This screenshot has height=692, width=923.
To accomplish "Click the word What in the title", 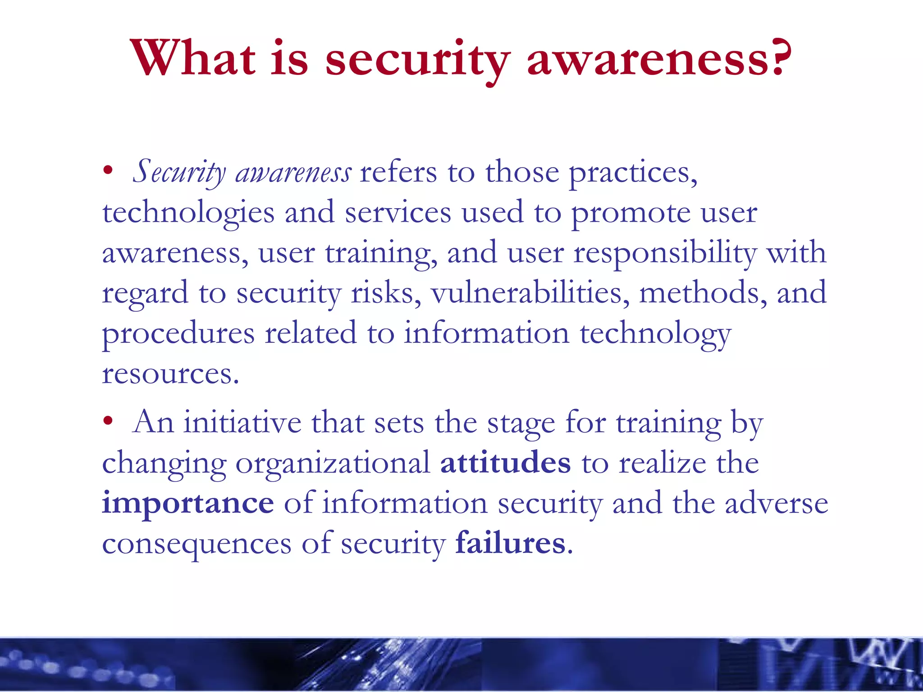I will pyautogui.click(x=193, y=59).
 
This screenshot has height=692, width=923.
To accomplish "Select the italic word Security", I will pyautogui.click(x=179, y=173).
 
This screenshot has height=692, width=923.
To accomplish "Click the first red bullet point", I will pyautogui.click(x=107, y=171).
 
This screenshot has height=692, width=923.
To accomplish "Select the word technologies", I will pyautogui.click(x=188, y=213).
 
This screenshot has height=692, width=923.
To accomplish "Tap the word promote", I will pyautogui.click(x=631, y=213).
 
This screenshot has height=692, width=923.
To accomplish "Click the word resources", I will pyautogui.click(x=170, y=374).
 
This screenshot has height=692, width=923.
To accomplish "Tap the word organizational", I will pyautogui.click(x=333, y=464).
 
